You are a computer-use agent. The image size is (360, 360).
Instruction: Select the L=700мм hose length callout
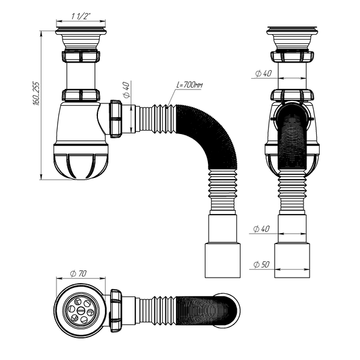pyautogui.click(x=190, y=87)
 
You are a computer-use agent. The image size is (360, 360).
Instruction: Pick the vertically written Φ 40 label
pyautogui.click(x=126, y=91)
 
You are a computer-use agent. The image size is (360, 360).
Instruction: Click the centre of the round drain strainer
pyautogui.click(x=80, y=311)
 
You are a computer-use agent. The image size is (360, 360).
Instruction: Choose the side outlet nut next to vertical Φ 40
pyautogui.click(x=116, y=118)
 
